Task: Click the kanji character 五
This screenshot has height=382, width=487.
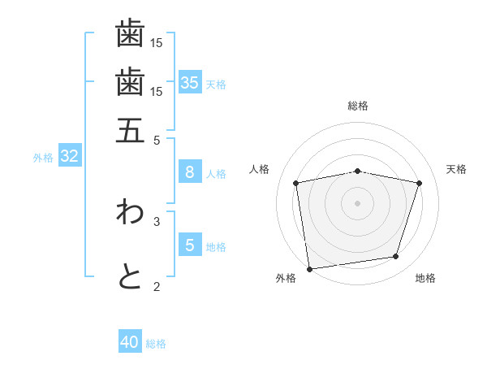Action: tap(130, 129)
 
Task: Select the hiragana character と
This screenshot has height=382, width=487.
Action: tap(130, 276)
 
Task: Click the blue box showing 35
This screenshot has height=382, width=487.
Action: tap(190, 82)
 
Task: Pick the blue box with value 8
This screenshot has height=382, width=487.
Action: tap(189, 172)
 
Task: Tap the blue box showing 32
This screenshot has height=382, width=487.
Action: tap(69, 156)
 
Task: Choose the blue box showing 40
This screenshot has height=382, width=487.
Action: tap(130, 342)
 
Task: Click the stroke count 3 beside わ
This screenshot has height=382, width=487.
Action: tap(157, 220)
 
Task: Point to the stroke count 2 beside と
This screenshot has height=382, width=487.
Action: tap(157, 286)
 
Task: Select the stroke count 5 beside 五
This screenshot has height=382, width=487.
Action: tap(157, 140)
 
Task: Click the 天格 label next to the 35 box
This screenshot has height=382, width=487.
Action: tap(216, 85)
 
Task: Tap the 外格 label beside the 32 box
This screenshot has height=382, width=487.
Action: tap(43, 158)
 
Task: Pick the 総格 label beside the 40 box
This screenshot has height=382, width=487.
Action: tap(156, 345)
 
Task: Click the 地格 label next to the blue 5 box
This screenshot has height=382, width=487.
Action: tap(216, 247)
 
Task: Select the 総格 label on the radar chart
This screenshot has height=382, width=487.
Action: tap(358, 106)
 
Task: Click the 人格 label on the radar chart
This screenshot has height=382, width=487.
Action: tap(260, 169)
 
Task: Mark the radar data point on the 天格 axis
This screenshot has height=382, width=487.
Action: tap(419, 183)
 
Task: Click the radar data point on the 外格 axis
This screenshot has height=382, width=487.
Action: tap(309, 268)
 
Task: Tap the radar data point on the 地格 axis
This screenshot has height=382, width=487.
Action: tap(395, 257)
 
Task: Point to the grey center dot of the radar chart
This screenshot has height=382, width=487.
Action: tap(358, 202)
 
